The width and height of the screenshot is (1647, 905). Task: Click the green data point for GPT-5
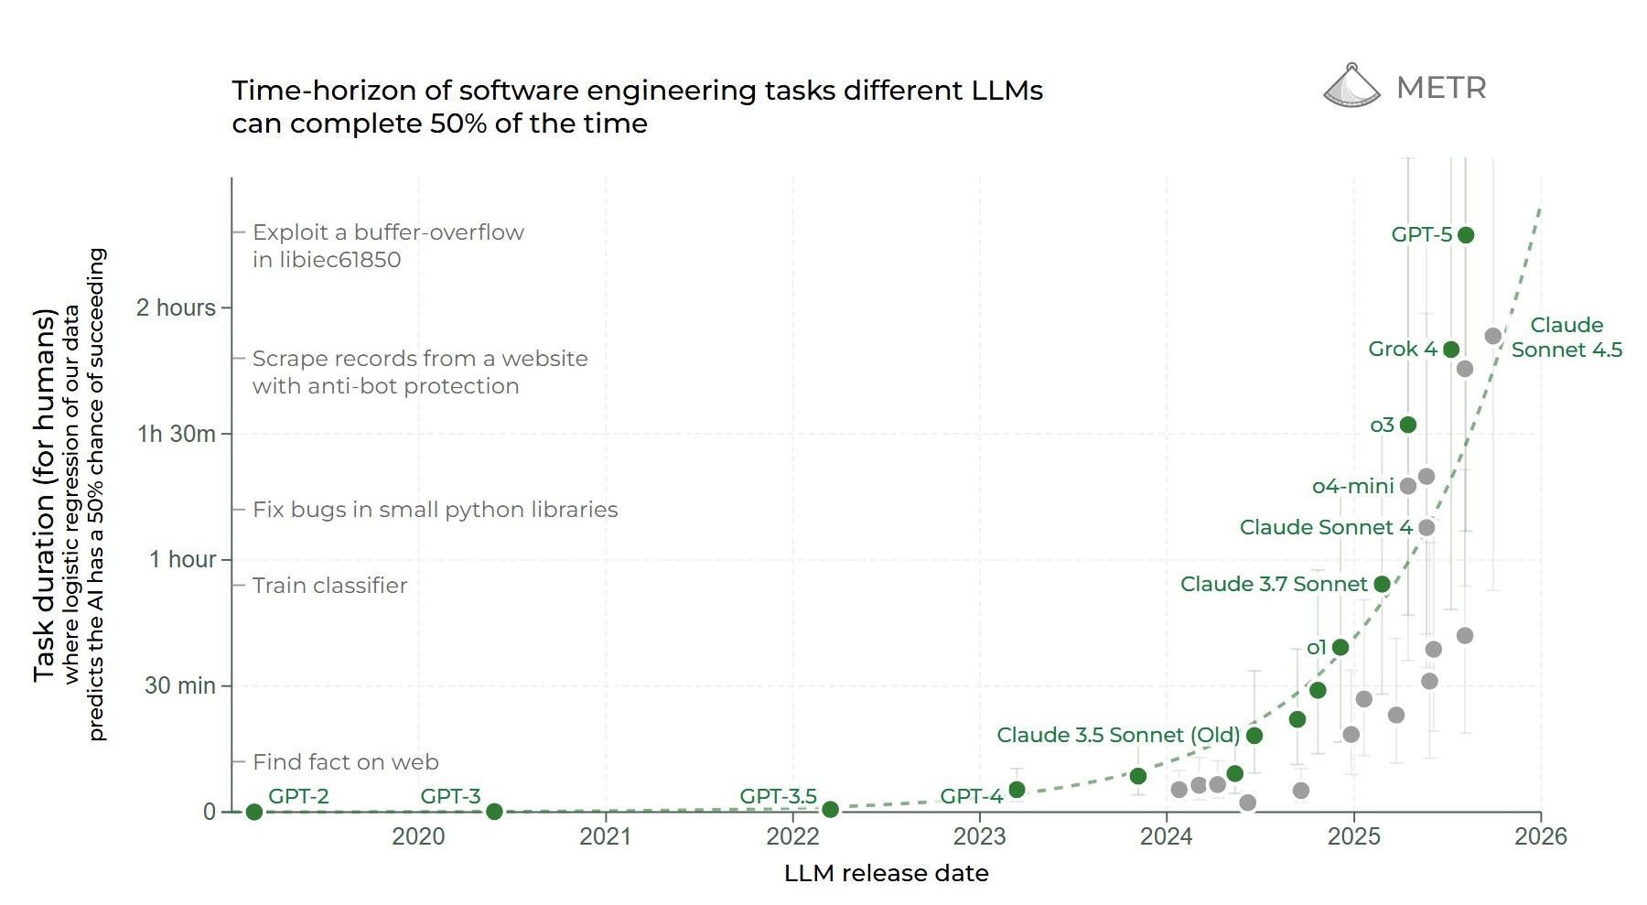(1466, 235)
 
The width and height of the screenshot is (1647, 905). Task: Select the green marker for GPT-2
(254, 812)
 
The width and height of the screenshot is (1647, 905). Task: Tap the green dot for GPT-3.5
(830, 810)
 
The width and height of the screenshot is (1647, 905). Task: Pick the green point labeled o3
(1408, 425)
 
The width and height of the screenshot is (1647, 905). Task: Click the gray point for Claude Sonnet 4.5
(1493, 337)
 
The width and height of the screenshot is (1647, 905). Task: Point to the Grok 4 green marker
(1451, 350)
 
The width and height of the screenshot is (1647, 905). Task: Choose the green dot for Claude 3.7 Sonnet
(1383, 584)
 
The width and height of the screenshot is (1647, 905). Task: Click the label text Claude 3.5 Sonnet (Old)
(1117, 735)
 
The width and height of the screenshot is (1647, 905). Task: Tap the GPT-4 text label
(972, 796)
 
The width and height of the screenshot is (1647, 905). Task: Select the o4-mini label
(1352, 486)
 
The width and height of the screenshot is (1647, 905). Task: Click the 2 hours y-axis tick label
(176, 307)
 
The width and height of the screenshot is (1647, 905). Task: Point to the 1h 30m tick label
(177, 434)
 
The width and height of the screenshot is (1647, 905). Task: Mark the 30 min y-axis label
(180, 685)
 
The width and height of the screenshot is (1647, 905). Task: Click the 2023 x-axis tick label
(979, 836)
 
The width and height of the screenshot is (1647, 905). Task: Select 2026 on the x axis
(1541, 836)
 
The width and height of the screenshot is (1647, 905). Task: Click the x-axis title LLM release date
(886, 873)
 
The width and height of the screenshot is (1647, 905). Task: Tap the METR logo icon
(1351, 86)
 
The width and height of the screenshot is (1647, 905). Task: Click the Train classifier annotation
(329, 586)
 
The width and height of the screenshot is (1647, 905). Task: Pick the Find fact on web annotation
(345, 762)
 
